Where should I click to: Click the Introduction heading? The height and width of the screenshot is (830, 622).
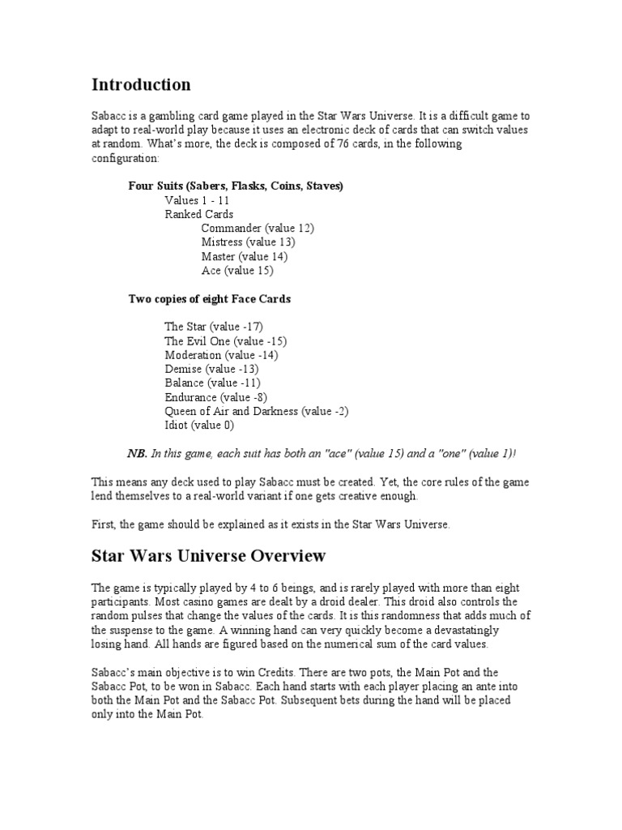[141, 85]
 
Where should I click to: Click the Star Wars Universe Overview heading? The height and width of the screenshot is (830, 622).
[208, 556]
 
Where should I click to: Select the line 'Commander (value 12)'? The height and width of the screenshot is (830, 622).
[258, 229]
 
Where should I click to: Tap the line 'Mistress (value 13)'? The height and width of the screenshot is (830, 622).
[248, 242]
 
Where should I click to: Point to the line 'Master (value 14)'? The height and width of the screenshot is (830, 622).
[244, 256]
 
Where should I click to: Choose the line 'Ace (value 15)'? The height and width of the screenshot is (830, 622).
[237, 270]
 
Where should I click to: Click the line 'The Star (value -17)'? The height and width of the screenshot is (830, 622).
[214, 327]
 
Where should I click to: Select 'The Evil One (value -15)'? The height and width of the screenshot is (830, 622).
[225, 341]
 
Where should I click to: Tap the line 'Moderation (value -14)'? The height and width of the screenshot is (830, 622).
[221, 355]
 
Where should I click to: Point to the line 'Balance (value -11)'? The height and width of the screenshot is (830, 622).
[212, 383]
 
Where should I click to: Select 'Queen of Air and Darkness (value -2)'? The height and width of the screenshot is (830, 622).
[256, 411]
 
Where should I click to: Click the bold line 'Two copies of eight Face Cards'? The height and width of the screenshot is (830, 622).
[209, 299]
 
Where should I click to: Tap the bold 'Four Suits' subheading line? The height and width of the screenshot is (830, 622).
[236, 186]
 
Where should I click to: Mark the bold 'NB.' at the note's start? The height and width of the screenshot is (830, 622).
[137, 453]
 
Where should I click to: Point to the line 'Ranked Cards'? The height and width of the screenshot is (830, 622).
[199, 215]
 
